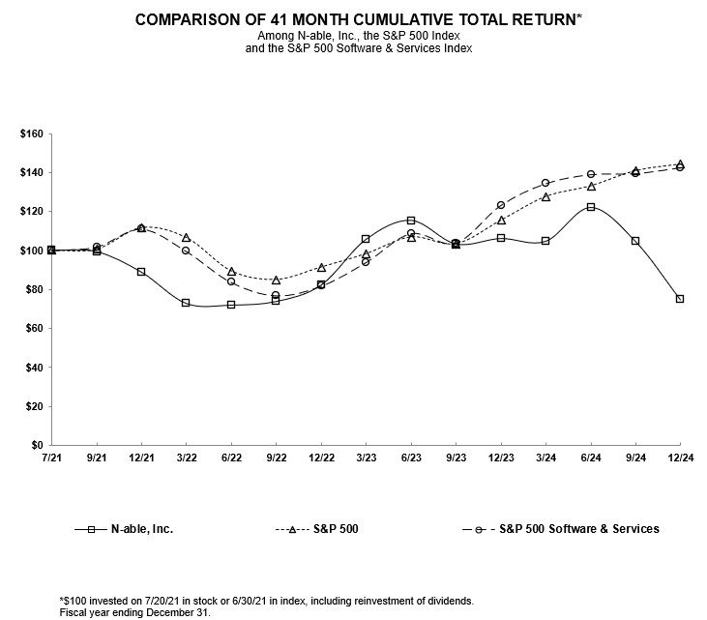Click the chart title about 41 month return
click(352, 19)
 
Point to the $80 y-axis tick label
click(31, 289)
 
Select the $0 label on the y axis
click(36, 446)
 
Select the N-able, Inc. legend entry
click(145, 529)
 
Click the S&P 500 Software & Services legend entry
click(586, 529)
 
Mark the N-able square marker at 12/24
click(680, 299)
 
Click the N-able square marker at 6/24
click(590, 207)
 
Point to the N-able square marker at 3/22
click(186, 303)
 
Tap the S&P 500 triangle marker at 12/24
click(680, 164)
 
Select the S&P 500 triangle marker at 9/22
click(276, 280)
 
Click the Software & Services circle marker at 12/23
click(500, 205)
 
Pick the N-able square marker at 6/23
click(410, 221)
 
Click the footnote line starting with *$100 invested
click(267, 601)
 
